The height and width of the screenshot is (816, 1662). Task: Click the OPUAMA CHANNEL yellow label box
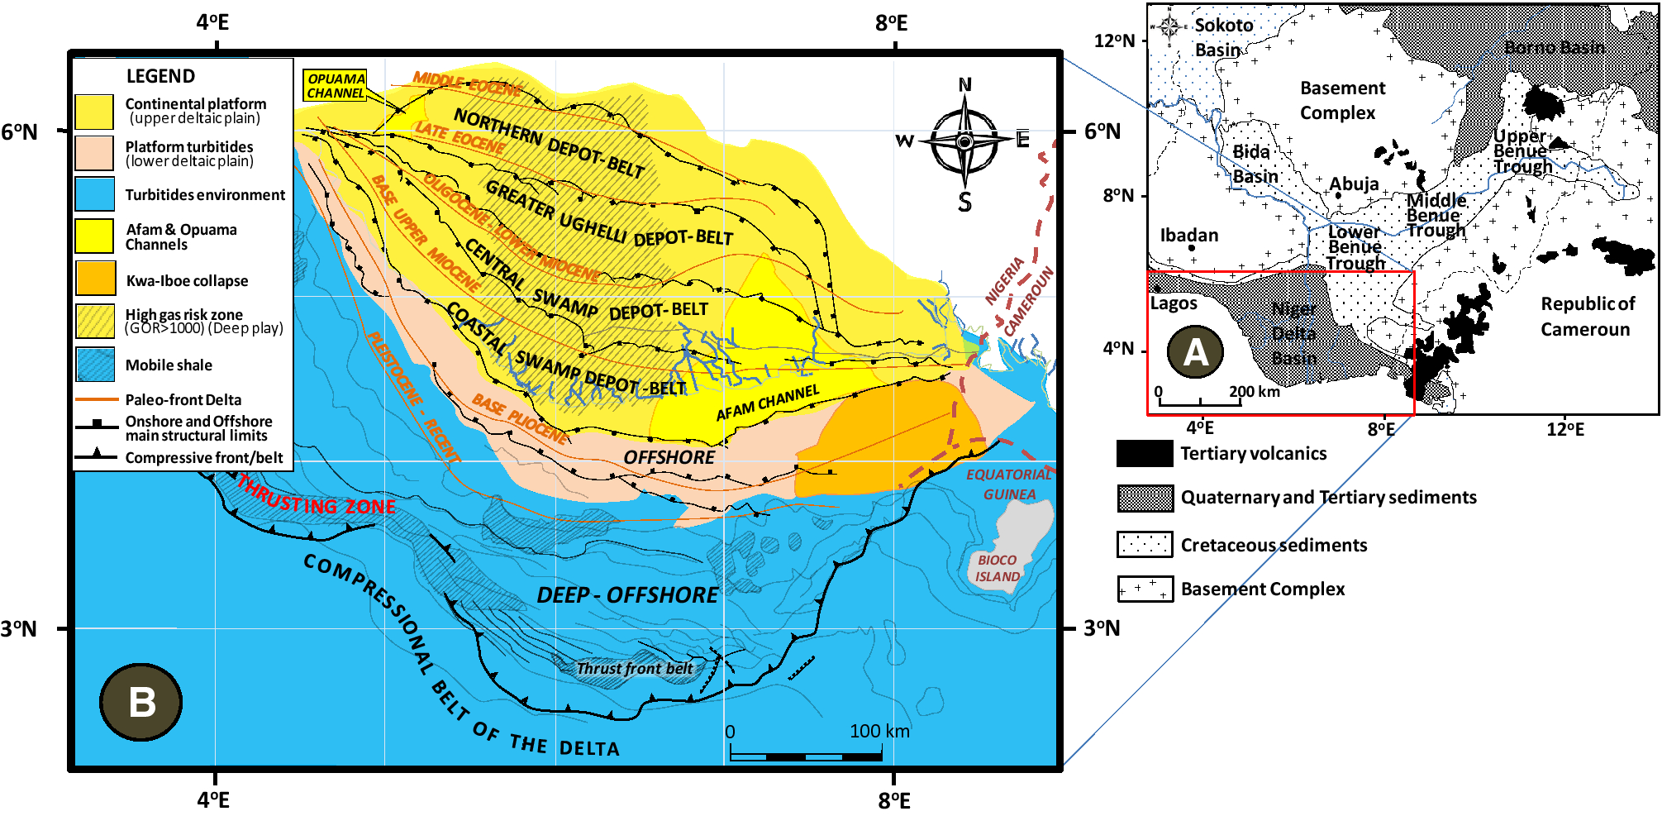click(x=336, y=86)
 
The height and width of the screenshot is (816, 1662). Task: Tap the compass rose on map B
click(x=964, y=142)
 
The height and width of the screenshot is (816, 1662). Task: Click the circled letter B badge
click(x=141, y=702)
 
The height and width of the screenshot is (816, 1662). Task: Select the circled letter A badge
click(x=1195, y=351)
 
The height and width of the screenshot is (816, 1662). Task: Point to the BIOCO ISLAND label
click(x=997, y=568)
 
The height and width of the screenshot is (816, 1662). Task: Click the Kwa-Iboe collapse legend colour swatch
click(x=95, y=279)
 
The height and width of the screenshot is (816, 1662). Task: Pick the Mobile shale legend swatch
click(x=95, y=365)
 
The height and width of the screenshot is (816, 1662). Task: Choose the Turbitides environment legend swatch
click(x=95, y=194)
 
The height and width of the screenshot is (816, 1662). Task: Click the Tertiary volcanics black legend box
click(x=1144, y=453)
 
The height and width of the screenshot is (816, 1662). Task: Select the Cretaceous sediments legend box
click(x=1144, y=545)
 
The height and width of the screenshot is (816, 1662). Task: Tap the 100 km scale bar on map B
click(x=807, y=756)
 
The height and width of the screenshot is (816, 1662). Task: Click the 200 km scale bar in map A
click(x=1200, y=402)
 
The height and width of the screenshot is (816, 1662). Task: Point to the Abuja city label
click(x=1354, y=184)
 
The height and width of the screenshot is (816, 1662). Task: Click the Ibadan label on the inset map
click(x=1189, y=236)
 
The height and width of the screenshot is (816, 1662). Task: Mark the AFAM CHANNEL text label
click(x=768, y=402)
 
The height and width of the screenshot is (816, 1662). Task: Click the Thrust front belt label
click(x=635, y=668)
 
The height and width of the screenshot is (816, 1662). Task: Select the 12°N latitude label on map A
click(x=1115, y=41)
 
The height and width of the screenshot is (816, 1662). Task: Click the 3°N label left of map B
click(x=19, y=628)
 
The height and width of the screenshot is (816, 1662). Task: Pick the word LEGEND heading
click(x=160, y=76)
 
